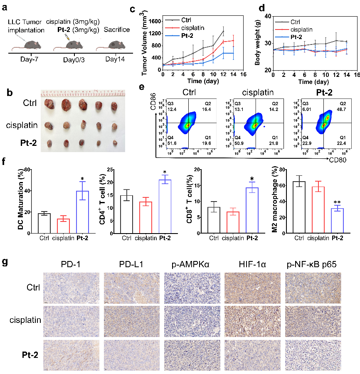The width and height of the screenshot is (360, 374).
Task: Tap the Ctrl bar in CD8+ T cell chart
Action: point(214,220)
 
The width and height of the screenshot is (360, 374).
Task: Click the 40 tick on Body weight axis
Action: point(266,16)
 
